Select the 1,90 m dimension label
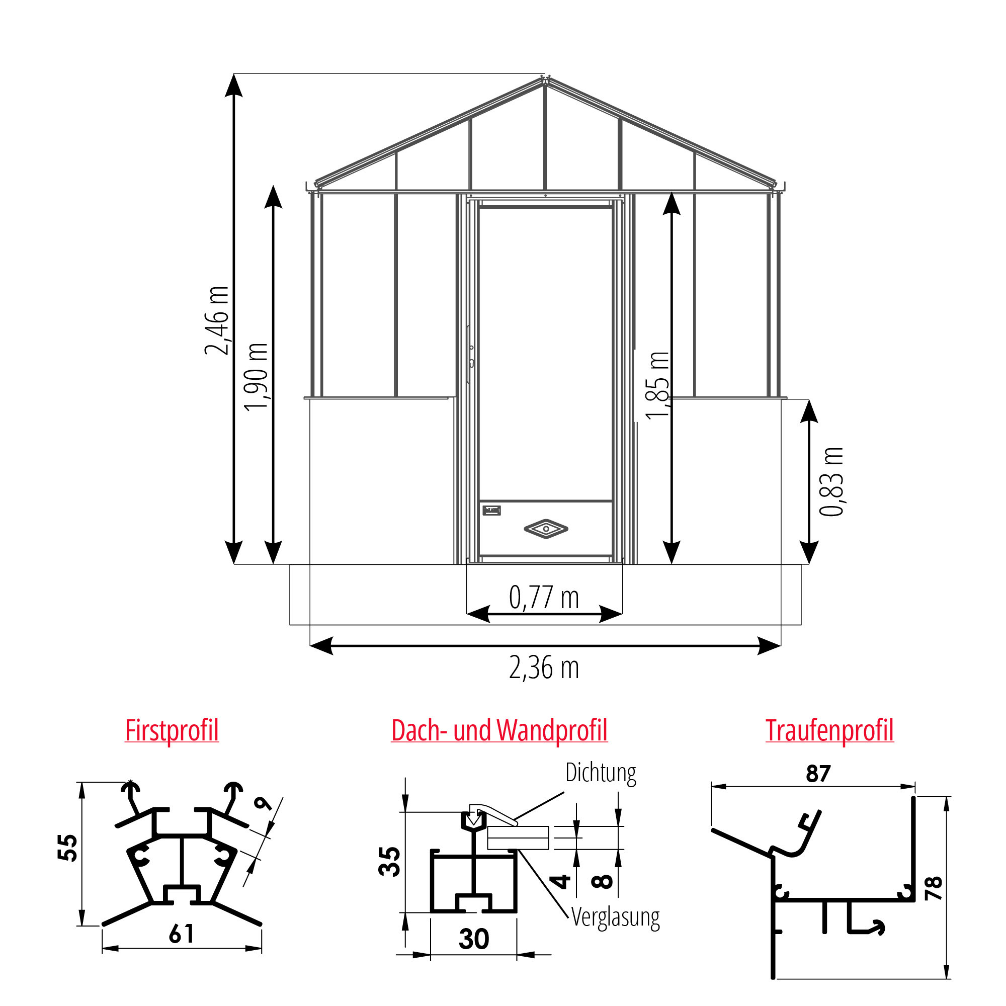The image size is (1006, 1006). [256, 377]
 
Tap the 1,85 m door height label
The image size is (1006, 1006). [657, 385]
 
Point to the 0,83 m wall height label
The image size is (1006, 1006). [831, 482]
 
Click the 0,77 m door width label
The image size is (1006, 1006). [544, 597]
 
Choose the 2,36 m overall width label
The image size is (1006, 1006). [544, 668]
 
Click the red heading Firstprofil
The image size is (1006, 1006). [172, 731]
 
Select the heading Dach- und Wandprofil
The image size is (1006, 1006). [499, 730]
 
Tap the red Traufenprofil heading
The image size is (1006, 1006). [829, 730]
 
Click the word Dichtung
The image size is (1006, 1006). [601, 773]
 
